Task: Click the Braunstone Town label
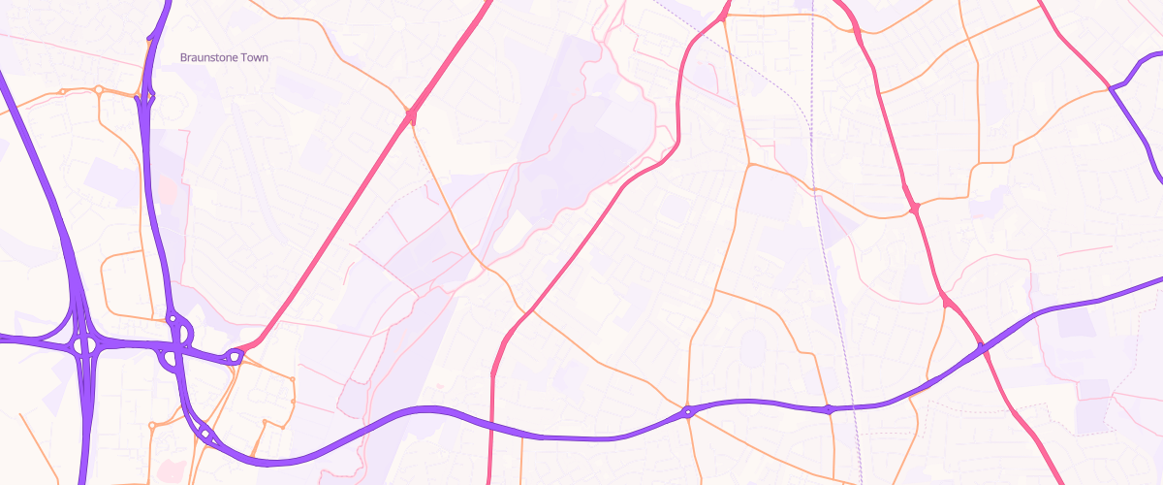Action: pos(224,58)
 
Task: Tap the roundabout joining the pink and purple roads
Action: pos(234,356)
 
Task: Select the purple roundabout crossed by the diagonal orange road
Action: pos(687,412)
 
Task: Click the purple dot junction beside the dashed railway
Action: pos(829,410)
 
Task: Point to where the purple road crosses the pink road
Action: pos(981,347)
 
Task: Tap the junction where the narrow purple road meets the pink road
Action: pos(1110,88)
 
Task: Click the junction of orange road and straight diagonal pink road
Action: pos(411,116)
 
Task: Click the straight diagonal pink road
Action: pos(330,233)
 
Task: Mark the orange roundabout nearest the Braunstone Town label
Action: pos(99,89)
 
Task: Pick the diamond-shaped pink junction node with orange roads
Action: pos(914,208)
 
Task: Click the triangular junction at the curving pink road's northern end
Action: pos(722,16)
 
